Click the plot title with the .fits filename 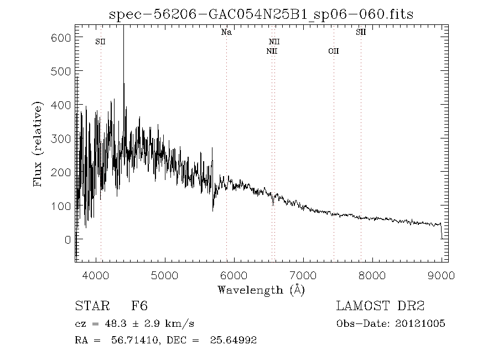tap(262, 14)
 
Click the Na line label tap(226, 33)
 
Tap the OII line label tap(333, 52)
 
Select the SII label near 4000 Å tap(100, 42)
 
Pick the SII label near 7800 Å tap(361, 33)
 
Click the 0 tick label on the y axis tap(68, 240)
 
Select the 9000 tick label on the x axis tap(441, 275)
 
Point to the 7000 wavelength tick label tap(303, 275)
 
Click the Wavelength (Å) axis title tap(261, 290)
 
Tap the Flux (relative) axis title tap(38, 143)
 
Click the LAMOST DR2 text tap(380, 306)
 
